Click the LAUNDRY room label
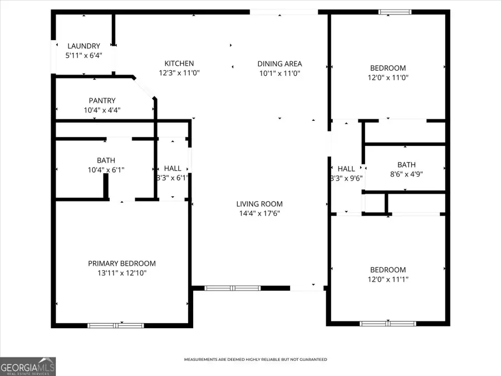(83, 46)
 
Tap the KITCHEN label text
(179, 64)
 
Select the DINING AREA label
(279, 64)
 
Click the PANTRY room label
(102, 101)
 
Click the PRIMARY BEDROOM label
(122, 263)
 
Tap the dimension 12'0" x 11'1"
(389, 279)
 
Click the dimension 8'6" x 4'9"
(406, 174)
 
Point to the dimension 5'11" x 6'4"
(83, 55)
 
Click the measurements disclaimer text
(256, 359)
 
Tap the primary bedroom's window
(115, 325)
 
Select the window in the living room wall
(233, 288)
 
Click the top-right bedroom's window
(395, 12)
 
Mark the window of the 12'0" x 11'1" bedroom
(387, 323)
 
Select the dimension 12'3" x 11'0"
(179, 73)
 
